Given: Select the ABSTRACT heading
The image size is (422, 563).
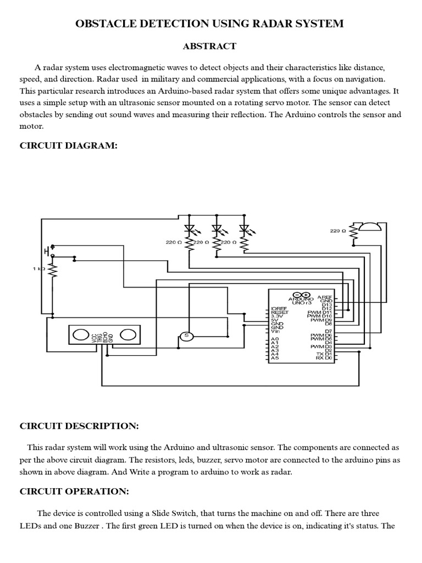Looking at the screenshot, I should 211,46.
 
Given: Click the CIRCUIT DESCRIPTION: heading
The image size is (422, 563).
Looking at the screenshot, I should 80,426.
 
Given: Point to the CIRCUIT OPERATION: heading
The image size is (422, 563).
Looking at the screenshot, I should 75,491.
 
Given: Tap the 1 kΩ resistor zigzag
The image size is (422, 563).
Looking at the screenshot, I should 53,271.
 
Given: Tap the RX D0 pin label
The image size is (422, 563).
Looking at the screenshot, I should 324,358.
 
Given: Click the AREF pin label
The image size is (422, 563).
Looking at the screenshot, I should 325,296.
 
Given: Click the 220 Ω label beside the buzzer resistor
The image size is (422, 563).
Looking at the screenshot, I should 338,231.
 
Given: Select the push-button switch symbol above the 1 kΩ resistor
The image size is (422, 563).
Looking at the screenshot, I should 51,251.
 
